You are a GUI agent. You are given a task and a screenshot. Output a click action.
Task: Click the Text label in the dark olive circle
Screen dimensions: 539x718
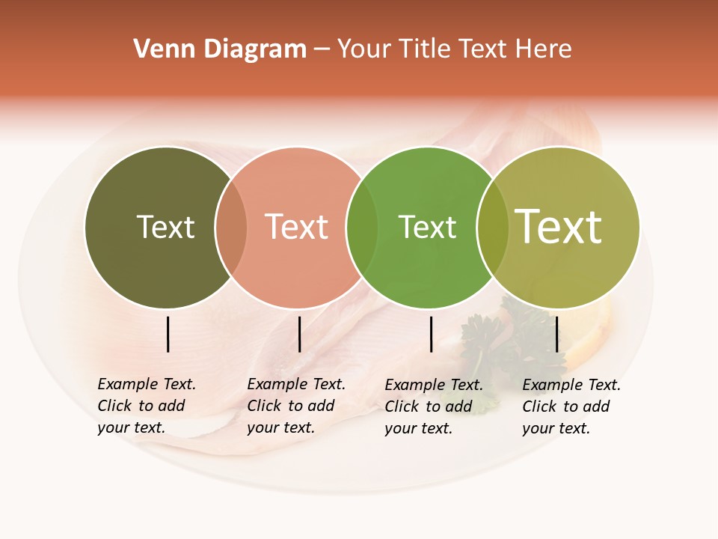tap(165, 227)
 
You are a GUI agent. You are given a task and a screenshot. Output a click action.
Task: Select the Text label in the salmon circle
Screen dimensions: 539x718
tap(296, 227)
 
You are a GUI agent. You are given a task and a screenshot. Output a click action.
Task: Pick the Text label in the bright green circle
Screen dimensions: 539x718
tap(427, 227)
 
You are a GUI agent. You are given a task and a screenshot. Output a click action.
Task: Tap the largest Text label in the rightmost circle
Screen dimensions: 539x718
tap(559, 227)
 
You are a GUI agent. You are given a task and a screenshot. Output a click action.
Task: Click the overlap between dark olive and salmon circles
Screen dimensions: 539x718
tap(231, 228)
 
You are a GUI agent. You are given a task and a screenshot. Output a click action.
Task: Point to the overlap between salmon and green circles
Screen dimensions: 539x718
tap(362, 228)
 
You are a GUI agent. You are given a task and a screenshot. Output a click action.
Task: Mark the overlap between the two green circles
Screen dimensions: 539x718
tap(493, 228)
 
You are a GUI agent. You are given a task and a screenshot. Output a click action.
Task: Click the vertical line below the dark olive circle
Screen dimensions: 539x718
tap(168, 334)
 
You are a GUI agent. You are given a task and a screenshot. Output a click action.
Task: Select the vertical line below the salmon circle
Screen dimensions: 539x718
tap(299, 334)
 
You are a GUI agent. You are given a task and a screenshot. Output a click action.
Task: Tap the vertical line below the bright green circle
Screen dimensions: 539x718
tap(431, 334)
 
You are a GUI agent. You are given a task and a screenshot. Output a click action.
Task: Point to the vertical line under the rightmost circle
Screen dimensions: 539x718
tap(556, 334)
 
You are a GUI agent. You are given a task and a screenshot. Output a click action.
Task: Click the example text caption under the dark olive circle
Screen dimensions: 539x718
tap(146, 406)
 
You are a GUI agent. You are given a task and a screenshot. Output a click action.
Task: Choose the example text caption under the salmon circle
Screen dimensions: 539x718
tap(295, 406)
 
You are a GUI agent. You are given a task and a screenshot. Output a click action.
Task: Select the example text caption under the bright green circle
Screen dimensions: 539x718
tap(433, 406)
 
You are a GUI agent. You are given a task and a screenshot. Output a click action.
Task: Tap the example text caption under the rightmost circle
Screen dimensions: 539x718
tap(571, 406)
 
